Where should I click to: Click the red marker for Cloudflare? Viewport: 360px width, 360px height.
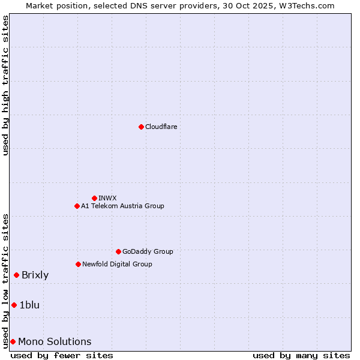click(x=141, y=127)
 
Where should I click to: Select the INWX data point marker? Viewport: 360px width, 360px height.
click(x=94, y=198)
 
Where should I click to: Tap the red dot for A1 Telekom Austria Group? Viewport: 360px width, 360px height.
click(x=77, y=206)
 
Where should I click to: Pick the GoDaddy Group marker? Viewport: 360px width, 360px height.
click(x=118, y=251)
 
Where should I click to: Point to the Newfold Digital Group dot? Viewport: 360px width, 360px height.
click(x=78, y=264)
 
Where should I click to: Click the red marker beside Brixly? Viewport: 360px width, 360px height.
click(x=16, y=275)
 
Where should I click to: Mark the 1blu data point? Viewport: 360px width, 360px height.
click(x=14, y=305)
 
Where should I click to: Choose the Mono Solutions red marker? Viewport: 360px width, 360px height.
click(x=13, y=341)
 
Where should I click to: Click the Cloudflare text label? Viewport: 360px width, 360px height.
click(x=161, y=127)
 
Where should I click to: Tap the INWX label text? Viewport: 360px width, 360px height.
click(x=107, y=198)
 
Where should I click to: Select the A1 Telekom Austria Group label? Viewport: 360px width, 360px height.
click(x=122, y=206)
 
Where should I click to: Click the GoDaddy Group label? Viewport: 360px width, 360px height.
click(x=148, y=251)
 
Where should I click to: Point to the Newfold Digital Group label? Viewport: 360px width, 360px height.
click(x=117, y=264)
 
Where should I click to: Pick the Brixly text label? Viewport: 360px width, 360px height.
click(x=35, y=275)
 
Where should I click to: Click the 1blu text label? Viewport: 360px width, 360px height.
click(x=29, y=305)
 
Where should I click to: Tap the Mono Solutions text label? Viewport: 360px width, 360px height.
click(x=55, y=342)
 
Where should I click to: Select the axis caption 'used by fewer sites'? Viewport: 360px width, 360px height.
click(x=62, y=355)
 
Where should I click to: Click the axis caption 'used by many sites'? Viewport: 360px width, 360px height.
click(x=301, y=355)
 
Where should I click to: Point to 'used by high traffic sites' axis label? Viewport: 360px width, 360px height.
click(x=5, y=85)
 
